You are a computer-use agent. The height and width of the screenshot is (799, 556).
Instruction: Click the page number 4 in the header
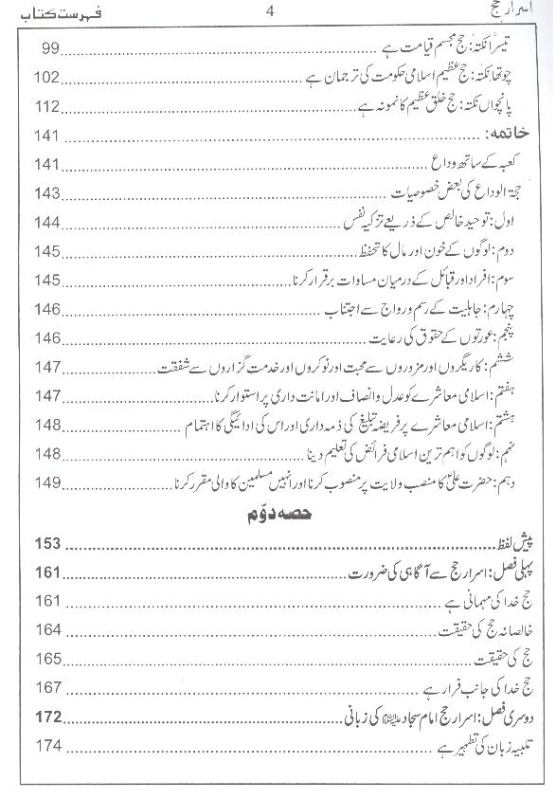pyautogui.click(x=271, y=12)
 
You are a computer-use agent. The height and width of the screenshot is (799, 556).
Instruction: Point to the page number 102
pyautogui.click(x=45, y=77)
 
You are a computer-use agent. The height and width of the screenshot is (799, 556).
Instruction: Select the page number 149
pyautogui.click(x=46, y=482)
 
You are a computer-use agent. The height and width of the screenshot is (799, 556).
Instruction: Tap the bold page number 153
pyautogui.click(x=46, y=544)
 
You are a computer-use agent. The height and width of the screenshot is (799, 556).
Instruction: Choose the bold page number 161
pyautogui.click(x=46, y=572)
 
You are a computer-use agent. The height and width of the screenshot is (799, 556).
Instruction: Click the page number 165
pyautogui.click(x=46, y=660)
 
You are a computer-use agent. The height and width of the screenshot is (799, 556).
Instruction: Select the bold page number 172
pyautogui.click(x=46, y=718)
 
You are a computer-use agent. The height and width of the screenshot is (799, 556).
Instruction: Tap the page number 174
pyautogui.click(x=46, y=748)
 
